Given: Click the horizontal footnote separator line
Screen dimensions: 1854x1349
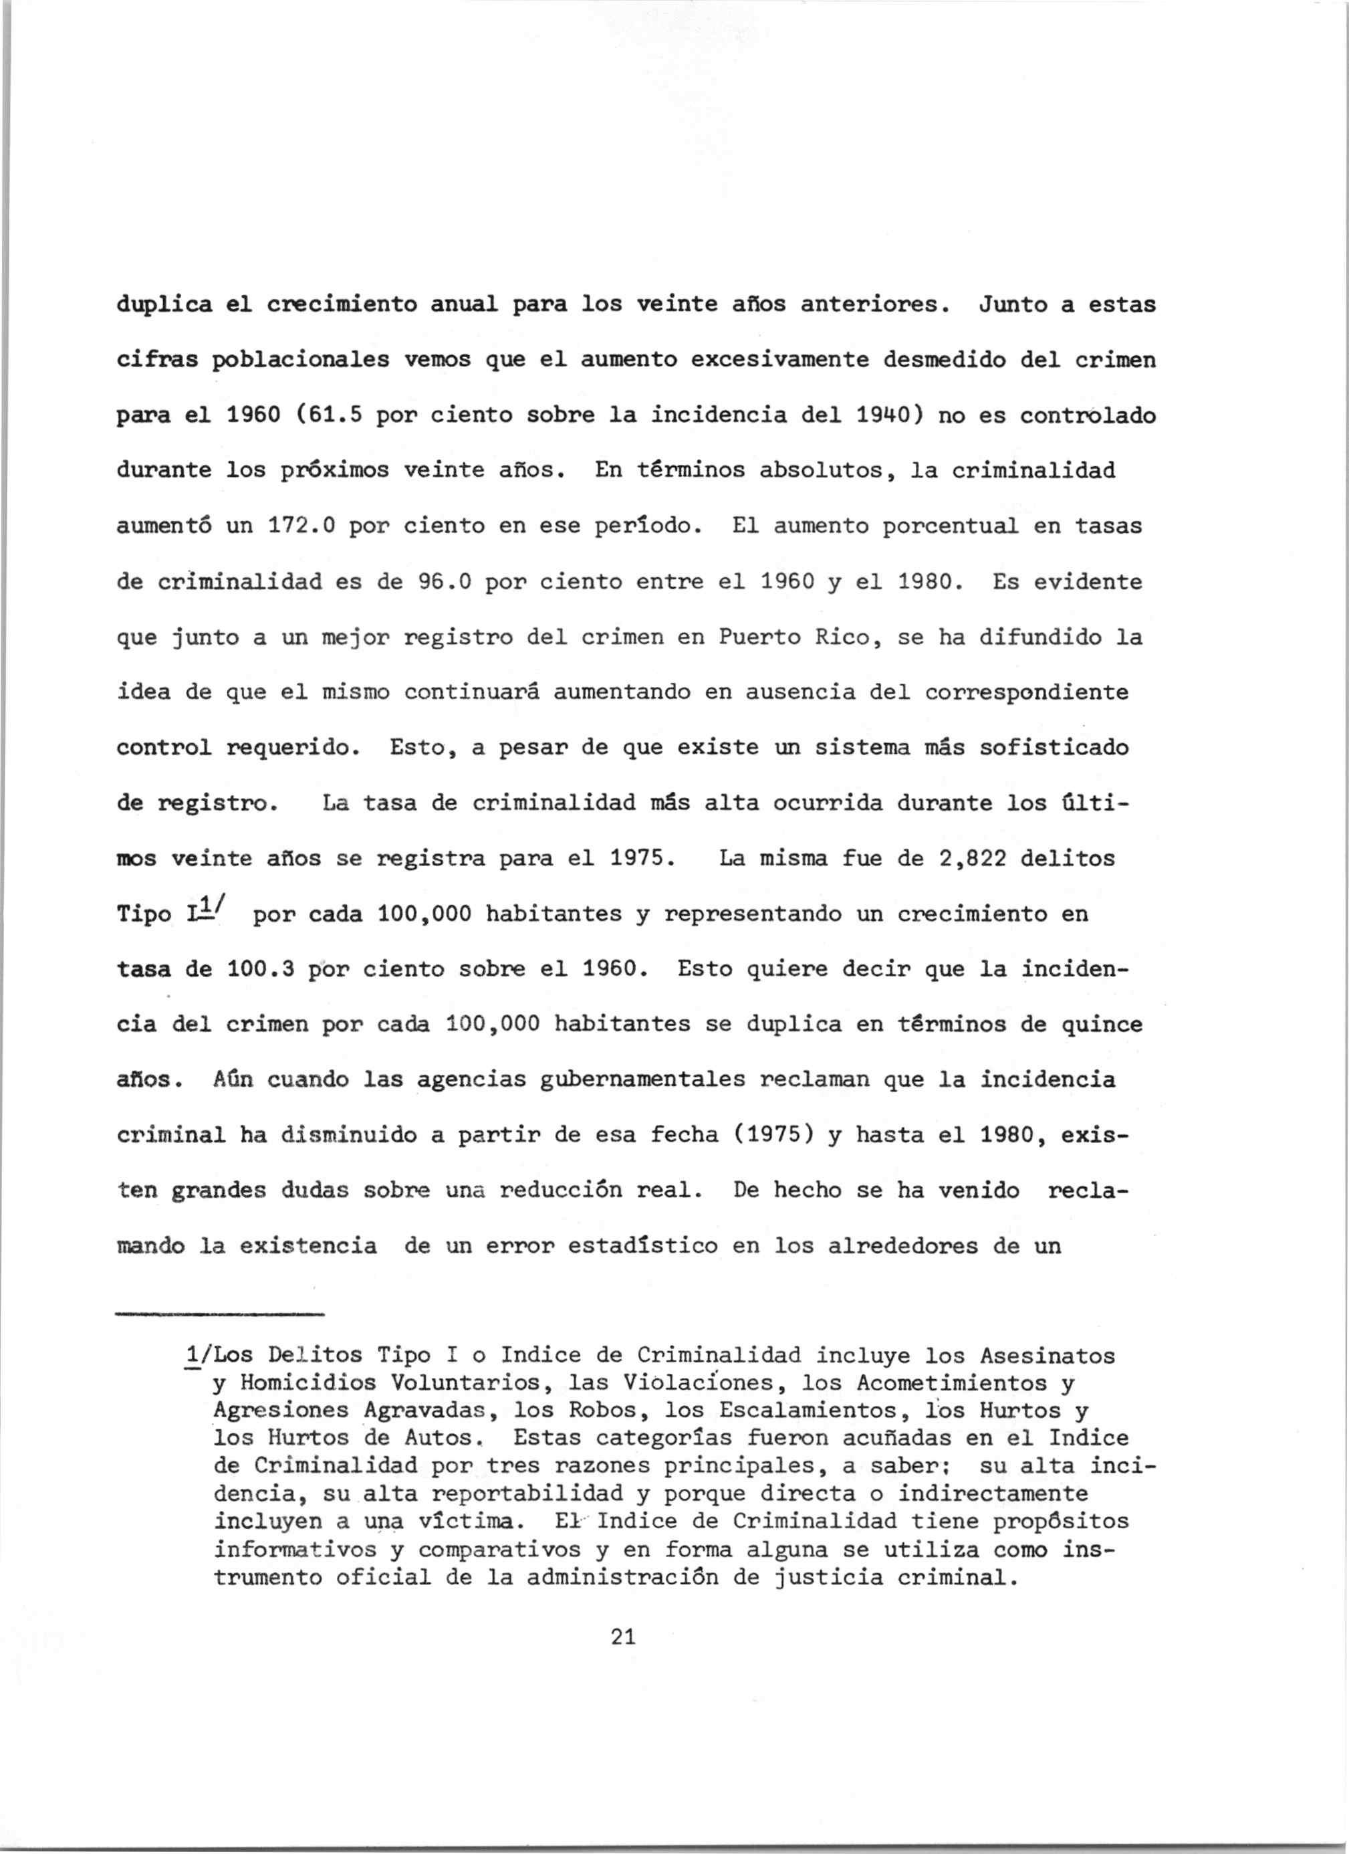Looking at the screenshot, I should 221,1314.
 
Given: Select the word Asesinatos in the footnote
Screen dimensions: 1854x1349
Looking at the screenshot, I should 1047,1356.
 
